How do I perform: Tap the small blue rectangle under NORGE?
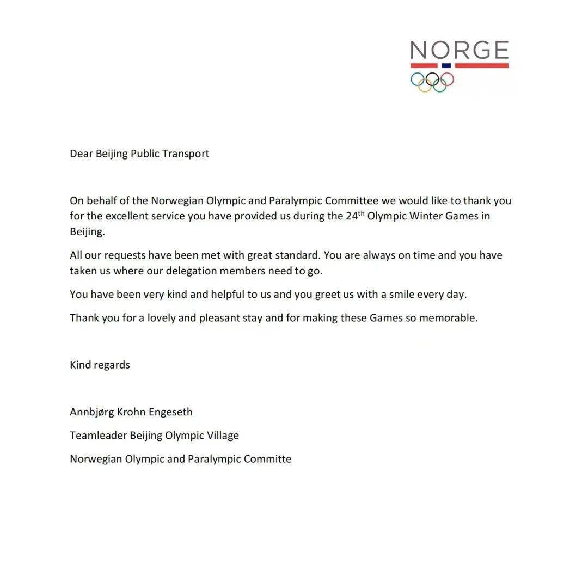(446, 65)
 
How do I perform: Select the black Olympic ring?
(432, 79)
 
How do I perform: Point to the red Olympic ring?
(447, 79)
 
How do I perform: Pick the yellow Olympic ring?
(425, 85)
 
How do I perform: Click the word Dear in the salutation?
(81, 154)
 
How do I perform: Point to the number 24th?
(355, 215)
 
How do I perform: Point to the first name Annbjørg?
(91, 412)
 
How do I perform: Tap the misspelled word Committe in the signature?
(267, 459)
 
